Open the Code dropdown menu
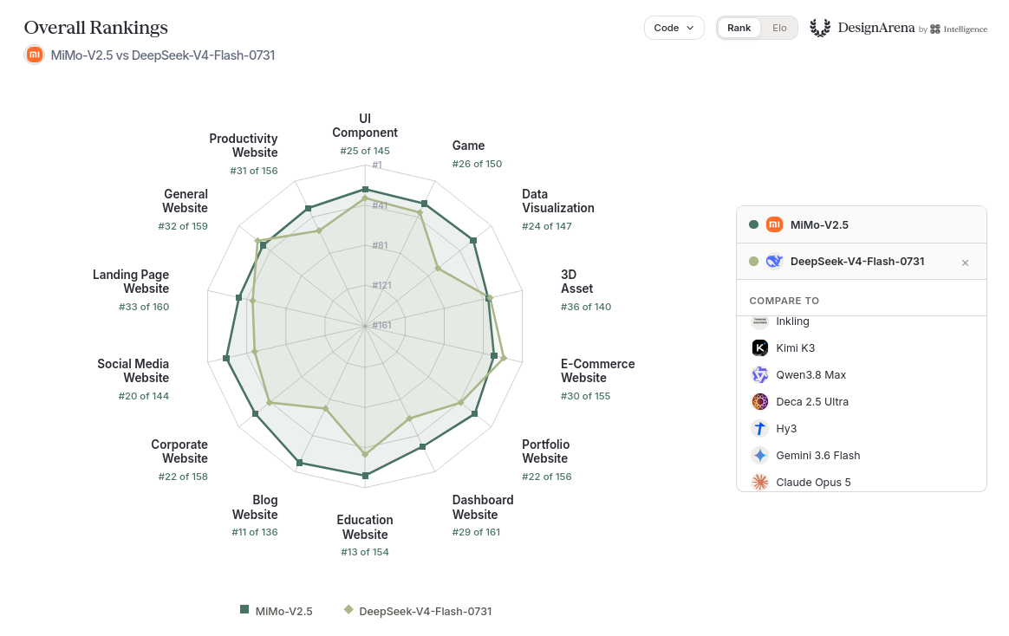tap(674, 28)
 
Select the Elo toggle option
tap(779, 28)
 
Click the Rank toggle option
tap(739, 28)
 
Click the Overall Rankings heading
tap(96, 28)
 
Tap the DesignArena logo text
tap(876, 28)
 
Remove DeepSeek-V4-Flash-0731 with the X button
tap(965, 263)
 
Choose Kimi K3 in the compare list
tap(796, 348)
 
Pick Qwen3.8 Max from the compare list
tap(810, 375)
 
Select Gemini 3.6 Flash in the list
tap(818, 455)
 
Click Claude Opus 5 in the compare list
tap(813, 483)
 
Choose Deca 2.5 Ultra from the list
tap(812, 402)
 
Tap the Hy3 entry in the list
tap(786, 428)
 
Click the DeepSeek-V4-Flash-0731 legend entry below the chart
tap(418, 611)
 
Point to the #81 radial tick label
tap(381, 245)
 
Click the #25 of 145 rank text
tap(365, 151)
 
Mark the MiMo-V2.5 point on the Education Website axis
tap(366, 476)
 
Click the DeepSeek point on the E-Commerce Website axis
tap(504, 358)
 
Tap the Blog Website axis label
tap(255, 508)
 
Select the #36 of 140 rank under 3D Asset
tap(586, 307)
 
